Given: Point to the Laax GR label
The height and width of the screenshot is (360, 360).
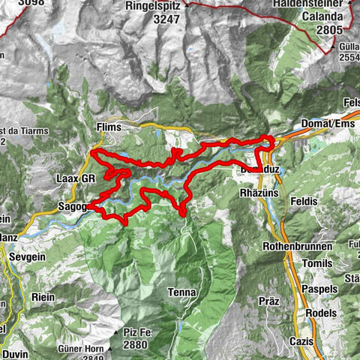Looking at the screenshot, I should point(76,179).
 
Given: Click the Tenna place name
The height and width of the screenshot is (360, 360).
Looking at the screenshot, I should point(182,292).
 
